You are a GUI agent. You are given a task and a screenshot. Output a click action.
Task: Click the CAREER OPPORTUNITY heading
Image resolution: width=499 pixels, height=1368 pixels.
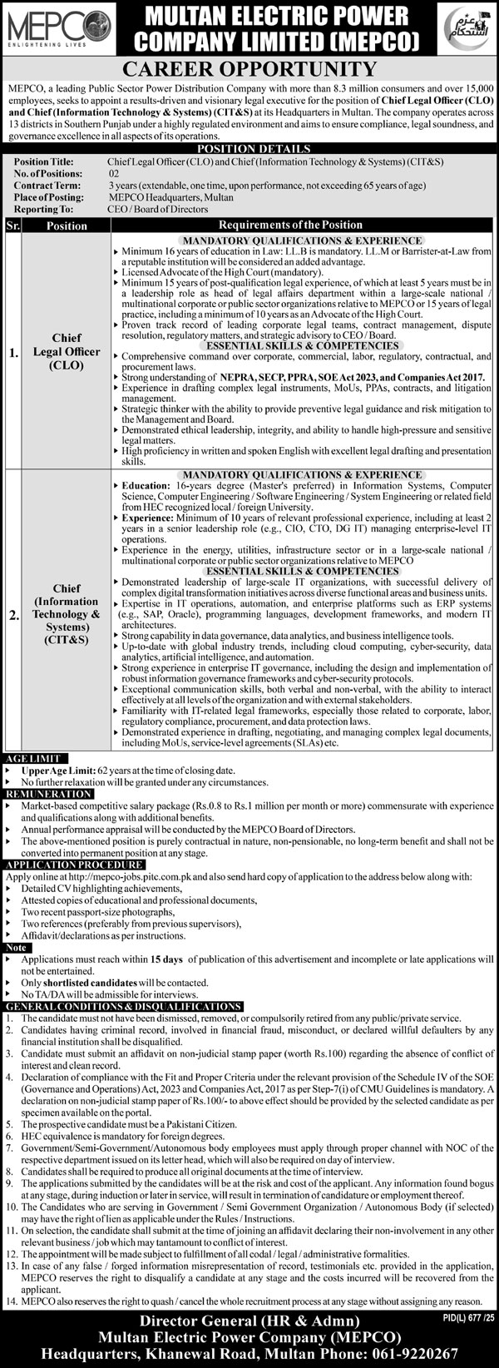tap(249, 69)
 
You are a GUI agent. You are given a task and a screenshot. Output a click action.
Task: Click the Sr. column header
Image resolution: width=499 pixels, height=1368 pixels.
tap(13, 226)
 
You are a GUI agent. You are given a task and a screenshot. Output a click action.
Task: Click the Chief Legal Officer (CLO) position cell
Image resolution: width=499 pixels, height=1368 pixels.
tap(66, 351)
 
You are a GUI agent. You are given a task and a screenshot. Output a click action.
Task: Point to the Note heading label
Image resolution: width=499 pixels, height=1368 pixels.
tap(15, 947)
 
